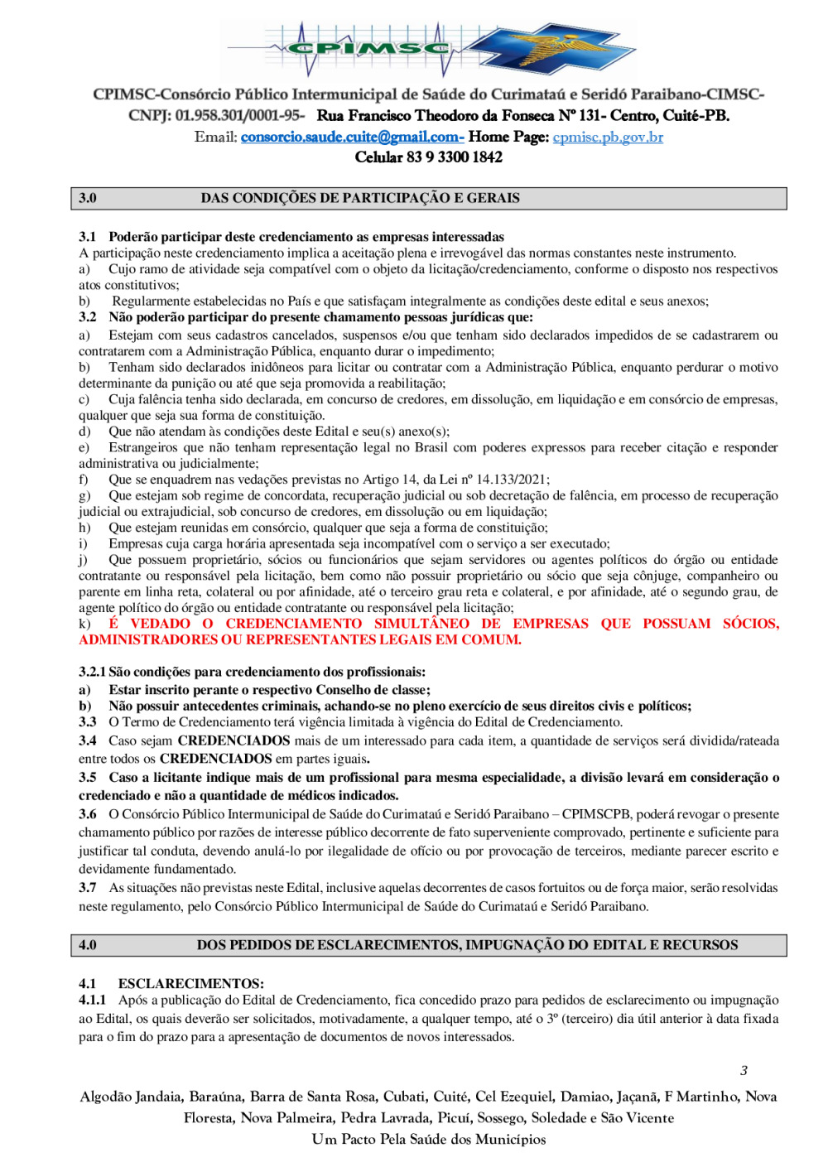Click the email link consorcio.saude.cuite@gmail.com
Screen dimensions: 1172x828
click(x=351, y=137)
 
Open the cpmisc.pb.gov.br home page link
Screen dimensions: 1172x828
click(x=608, y=137)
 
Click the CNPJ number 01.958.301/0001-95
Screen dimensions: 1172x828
click(x=239, y=116)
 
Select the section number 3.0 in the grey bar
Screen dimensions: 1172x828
click(x=88, y=198)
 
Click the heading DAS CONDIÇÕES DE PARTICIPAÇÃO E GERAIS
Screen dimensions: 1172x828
click(x=360, y=198)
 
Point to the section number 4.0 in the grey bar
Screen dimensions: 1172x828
click(x=88, y=945)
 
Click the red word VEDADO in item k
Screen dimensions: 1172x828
click(x=161, y=624)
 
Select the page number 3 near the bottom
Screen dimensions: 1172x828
click(x=744, y=1070)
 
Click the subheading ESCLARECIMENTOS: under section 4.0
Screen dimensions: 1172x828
click(x=191, y=983)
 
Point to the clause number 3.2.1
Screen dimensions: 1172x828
click(x=92, y=672)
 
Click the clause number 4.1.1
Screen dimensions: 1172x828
click(x=92, y=1000)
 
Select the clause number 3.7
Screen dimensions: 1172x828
click(x=88, y=888)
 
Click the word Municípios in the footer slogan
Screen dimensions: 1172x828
click(x=507, y=1139)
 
